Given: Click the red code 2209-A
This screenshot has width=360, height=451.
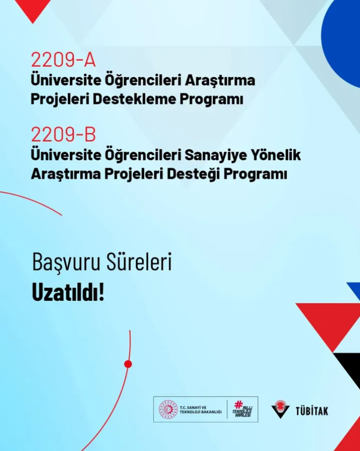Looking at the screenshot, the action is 63,60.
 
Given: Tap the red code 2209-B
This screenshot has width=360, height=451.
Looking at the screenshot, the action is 63,134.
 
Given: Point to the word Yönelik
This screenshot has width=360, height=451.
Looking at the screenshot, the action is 276,154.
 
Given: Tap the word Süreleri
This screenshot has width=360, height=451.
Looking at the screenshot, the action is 139,261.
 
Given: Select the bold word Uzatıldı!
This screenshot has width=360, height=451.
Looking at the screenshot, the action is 68,292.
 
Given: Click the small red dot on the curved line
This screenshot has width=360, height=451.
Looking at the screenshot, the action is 128,364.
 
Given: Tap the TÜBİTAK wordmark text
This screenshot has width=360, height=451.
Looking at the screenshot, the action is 311,410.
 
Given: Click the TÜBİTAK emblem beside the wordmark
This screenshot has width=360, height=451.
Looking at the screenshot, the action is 280,408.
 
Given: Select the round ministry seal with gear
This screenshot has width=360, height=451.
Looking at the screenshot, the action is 168,409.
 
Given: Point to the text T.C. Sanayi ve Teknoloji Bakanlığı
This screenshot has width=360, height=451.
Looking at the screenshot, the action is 200,410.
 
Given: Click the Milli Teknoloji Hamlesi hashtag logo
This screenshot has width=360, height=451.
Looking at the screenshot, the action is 242,409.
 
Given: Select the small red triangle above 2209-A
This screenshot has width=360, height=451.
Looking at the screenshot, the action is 33,8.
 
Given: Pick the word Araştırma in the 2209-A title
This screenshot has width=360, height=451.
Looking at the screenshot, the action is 220,80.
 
